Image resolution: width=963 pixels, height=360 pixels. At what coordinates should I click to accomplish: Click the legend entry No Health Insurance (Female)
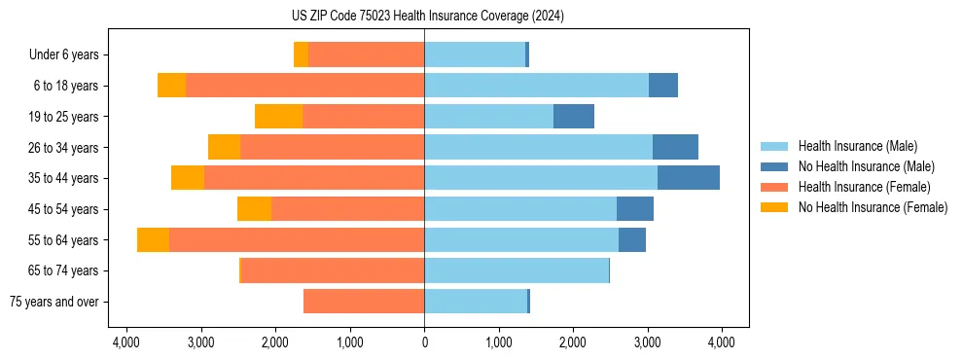pos(873,207)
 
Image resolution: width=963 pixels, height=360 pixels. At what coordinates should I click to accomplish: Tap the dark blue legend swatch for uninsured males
pos(774,166)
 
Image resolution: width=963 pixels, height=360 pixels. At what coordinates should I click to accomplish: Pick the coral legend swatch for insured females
pos(774,187)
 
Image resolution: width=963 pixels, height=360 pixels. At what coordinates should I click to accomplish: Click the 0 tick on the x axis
pos(424,342)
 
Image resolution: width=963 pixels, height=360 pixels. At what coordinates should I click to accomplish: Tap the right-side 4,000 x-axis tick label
pos(721,342)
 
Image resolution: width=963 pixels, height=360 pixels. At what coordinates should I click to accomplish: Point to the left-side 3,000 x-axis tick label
pos(200,342)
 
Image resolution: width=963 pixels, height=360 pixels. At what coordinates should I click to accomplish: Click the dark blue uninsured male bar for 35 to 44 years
pos(689,178)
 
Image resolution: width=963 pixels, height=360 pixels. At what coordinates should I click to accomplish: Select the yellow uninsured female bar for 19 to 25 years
pos(278,117)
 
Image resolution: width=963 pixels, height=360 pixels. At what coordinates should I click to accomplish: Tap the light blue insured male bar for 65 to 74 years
pos(517,270)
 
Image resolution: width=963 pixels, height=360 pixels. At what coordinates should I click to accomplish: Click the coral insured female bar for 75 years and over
pos(364,302)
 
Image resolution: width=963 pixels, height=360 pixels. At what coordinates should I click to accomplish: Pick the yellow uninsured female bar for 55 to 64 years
pos(153,240)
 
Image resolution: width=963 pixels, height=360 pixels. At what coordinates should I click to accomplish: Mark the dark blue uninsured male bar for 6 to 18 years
pos(663,86)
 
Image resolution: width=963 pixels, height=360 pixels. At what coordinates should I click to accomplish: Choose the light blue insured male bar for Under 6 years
pos(475,54)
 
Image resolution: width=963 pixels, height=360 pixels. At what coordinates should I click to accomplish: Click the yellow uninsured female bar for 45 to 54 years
pos(254,209)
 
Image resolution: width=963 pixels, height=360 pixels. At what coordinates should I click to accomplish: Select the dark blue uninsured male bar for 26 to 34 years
pos(675,147)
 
